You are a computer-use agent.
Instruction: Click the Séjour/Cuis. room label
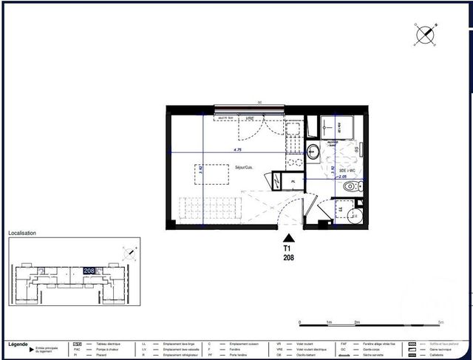[x=244, y=168]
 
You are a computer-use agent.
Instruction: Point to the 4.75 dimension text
[x=237, y=150]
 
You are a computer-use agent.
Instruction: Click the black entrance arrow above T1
[x=289, y=238]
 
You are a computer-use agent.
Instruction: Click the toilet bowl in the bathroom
[x=350, y=188]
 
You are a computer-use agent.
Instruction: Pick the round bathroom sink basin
[x=313, y=154]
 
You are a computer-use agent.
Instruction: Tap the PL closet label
[x=293, y=180]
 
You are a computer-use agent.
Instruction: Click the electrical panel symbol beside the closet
[x=277, y=180]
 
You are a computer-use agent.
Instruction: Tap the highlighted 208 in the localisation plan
[x=89, y=271]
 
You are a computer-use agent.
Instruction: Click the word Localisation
[x=22, y=233]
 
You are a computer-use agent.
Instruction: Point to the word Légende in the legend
[x=18, y=344]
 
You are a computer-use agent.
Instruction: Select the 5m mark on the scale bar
[x=440, y=323]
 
